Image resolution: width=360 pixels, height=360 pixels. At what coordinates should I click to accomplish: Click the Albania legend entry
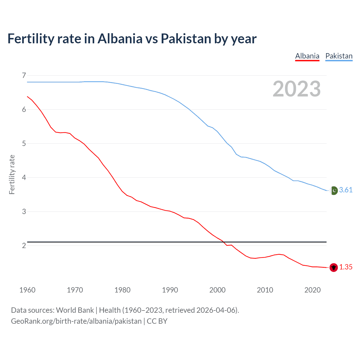tap(307, 56)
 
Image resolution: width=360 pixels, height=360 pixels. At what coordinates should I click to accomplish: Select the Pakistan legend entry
tap(339, 56)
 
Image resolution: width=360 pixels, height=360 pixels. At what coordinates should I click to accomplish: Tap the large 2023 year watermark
tap(297, 89)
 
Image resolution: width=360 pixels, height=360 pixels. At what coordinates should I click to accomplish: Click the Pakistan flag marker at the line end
tap(334, 190)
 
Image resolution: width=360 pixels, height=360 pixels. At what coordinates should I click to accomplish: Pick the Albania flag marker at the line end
tap(334, 267)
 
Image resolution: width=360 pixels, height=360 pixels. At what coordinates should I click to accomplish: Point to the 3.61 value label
tap(346, 190)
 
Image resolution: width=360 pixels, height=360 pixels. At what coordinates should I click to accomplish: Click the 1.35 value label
tap(346, 267)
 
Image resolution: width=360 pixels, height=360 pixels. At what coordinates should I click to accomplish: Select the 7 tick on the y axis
tap(24, 75)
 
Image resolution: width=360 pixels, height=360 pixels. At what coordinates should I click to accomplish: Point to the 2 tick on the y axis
tap(24, 246)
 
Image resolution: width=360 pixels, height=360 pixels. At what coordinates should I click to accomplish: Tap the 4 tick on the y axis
tap(24, 177)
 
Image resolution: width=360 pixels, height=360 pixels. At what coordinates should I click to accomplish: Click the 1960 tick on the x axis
tap(27, 290)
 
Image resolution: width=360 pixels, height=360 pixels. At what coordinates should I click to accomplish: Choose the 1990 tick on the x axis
tap(170, 290)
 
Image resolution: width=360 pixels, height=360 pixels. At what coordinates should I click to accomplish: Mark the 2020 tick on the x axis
tap(312, 290)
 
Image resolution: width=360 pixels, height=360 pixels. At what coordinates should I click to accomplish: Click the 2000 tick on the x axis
tap(217, 290)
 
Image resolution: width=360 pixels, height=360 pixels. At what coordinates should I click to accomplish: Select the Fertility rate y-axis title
tap(12, 174)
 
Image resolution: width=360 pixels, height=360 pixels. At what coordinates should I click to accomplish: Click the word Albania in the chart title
tap(120, 39)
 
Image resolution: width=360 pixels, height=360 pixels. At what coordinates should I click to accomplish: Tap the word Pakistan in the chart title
tap(186, 39)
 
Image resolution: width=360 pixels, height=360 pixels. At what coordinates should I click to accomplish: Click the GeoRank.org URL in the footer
tap(76, 321)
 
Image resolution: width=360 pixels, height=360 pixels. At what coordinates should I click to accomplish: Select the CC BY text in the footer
tap(157, 321)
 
